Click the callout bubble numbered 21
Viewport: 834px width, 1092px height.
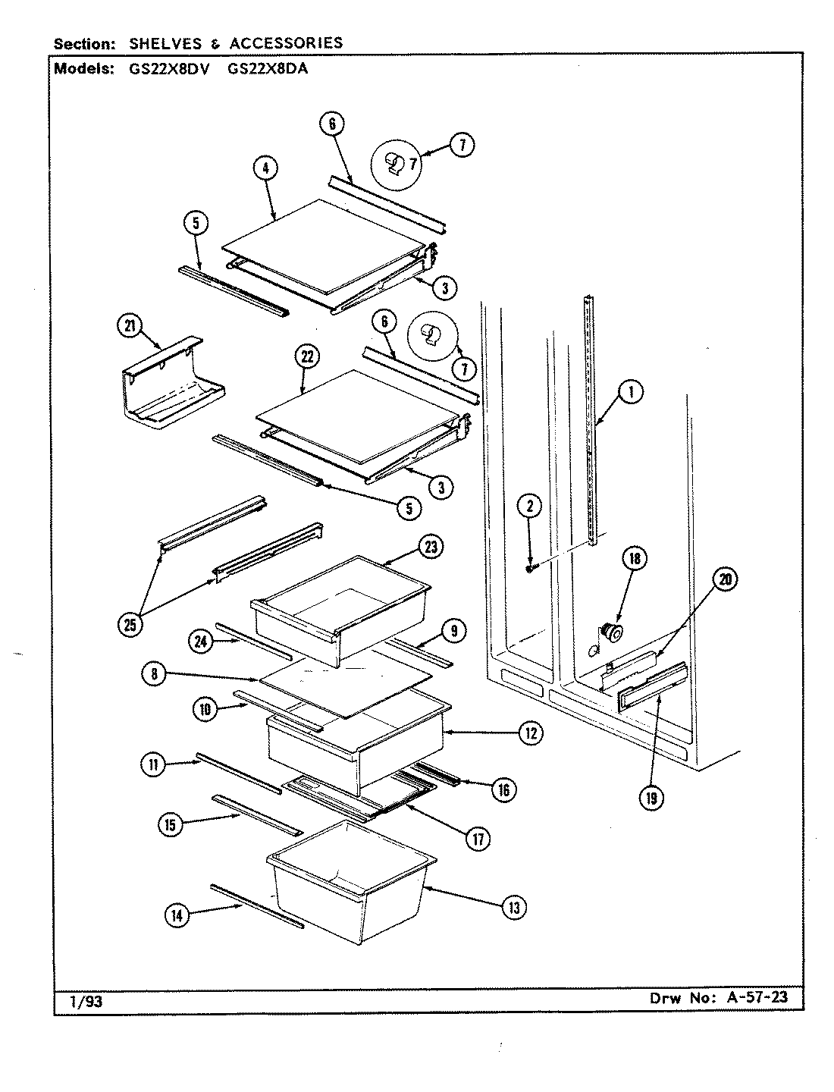click(130, 326)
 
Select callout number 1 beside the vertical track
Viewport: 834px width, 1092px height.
click(630, 391)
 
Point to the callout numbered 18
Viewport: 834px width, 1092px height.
click(635, 559)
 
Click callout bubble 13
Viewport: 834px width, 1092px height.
click(513, 907)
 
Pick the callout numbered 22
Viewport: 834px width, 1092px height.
click(308, 356)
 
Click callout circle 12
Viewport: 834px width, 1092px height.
click(530, 733)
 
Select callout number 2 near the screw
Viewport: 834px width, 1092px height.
click(530, 506)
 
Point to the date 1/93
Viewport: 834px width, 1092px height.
click(86, 1001)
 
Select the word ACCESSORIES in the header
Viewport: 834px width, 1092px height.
click(280, 43)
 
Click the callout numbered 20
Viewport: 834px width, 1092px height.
click(724, 580)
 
